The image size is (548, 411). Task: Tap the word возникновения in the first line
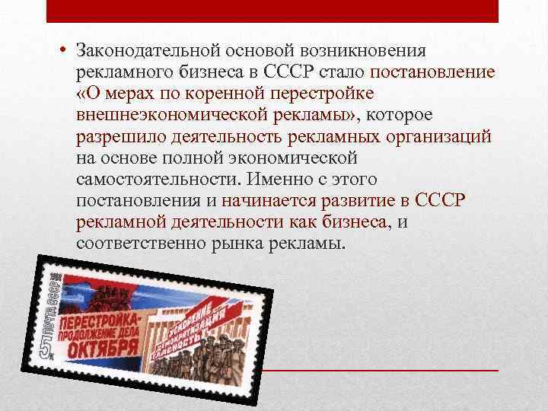pyautogui.click(x=370, y=50)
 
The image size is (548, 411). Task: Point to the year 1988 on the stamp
pyautogui.click(x=59, y=275)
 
